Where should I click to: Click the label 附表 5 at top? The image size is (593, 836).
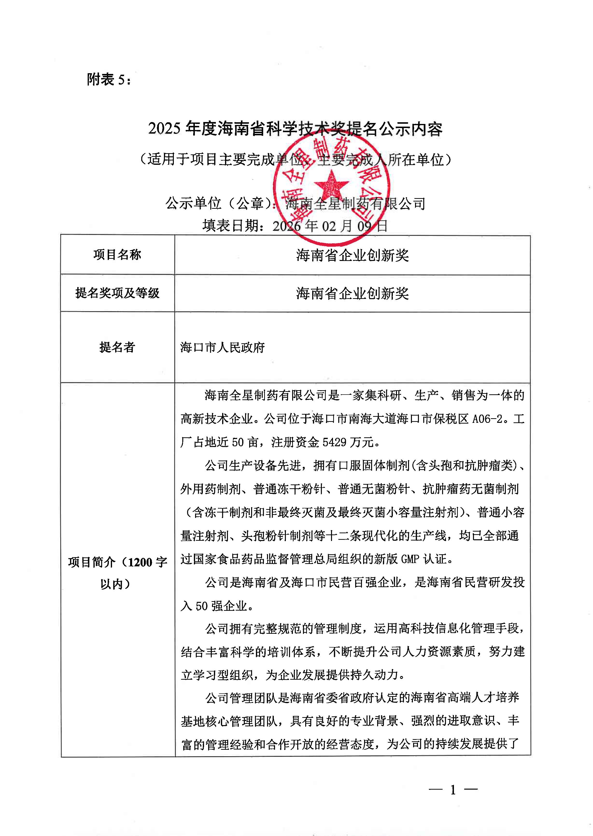pos(109,79)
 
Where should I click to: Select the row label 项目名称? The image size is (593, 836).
pos(117,255)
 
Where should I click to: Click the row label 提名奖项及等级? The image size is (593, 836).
pos(117,293)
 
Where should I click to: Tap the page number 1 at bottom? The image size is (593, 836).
pos(453,790)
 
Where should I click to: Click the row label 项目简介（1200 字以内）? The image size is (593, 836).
pos(117,573)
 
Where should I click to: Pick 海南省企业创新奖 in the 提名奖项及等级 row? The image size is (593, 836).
pos(352,293)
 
